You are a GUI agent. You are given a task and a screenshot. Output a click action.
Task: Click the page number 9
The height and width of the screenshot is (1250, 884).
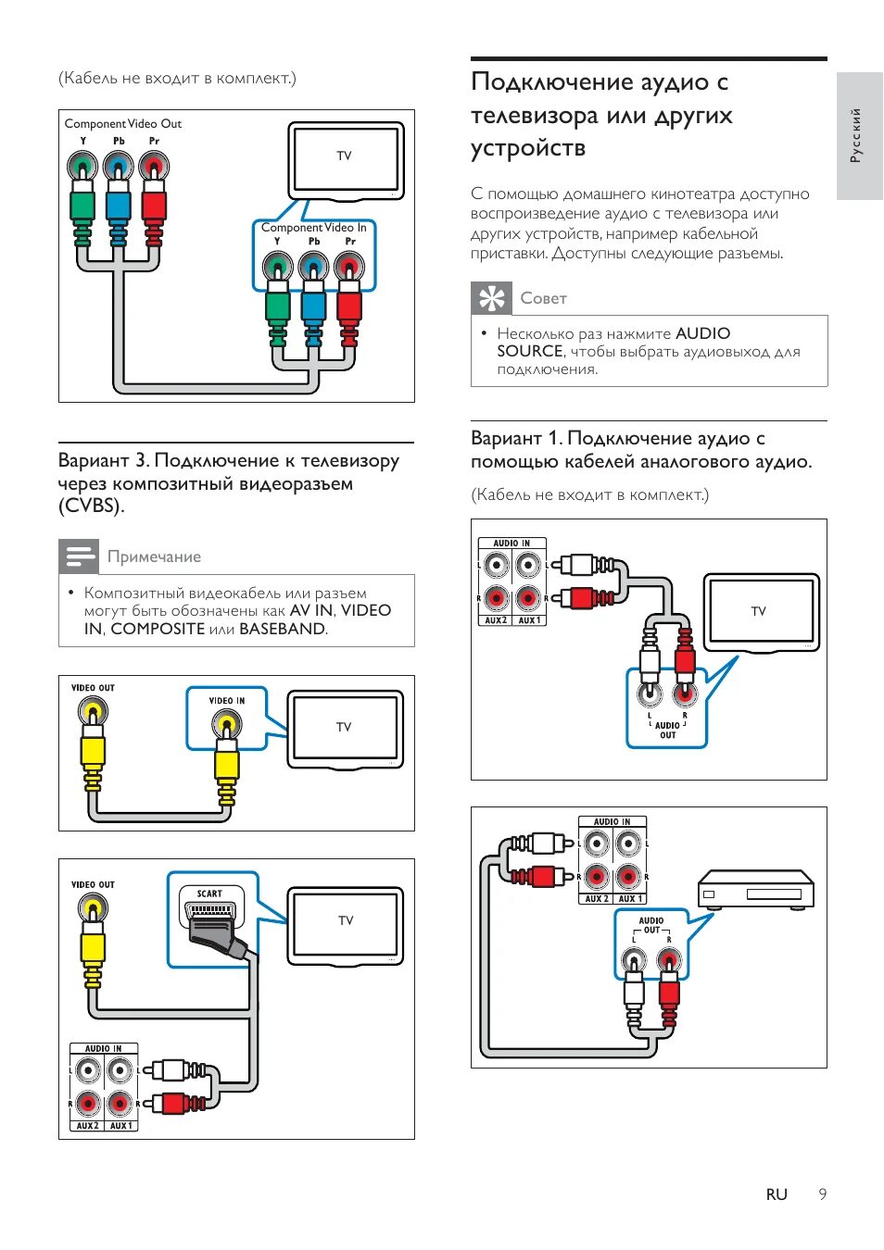click(822, 1194)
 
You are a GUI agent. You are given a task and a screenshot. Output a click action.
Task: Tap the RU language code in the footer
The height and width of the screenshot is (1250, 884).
click(777, 1194)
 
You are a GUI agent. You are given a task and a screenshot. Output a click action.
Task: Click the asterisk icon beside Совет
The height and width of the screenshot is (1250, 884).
click(491, 298)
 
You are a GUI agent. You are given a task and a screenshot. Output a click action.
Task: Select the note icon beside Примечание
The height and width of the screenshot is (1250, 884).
click(79, 556)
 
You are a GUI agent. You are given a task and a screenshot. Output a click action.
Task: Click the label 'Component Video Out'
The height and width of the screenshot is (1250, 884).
click(123, 124)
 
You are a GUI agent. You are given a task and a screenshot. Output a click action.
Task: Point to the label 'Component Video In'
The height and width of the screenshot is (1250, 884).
click(313, 228)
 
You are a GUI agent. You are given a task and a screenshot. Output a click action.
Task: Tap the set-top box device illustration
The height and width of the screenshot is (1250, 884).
click(755, 889)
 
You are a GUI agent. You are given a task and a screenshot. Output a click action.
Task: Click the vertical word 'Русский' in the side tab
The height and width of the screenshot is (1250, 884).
click(856, 135)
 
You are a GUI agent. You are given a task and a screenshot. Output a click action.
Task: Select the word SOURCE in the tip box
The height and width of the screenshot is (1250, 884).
click(530, 352)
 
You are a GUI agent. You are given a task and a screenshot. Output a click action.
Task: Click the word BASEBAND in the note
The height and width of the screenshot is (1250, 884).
click(282, 629)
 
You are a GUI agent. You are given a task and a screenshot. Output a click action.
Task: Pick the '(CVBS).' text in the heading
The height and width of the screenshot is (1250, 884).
click(91, 506)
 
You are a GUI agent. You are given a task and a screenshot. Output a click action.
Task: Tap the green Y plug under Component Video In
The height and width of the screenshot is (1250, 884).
click(277, 306)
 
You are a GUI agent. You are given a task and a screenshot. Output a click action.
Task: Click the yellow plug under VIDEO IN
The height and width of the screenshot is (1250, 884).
click(227, 764)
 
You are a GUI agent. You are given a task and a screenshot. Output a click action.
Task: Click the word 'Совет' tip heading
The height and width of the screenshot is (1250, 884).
click(543, 298)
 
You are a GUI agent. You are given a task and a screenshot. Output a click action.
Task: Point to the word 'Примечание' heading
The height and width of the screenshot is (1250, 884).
click(154, 556)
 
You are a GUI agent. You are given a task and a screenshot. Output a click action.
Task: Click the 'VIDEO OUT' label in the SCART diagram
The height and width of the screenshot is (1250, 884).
click(93, 885)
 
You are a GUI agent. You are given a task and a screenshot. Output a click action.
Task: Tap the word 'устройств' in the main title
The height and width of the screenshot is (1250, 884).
click(528, 149)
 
